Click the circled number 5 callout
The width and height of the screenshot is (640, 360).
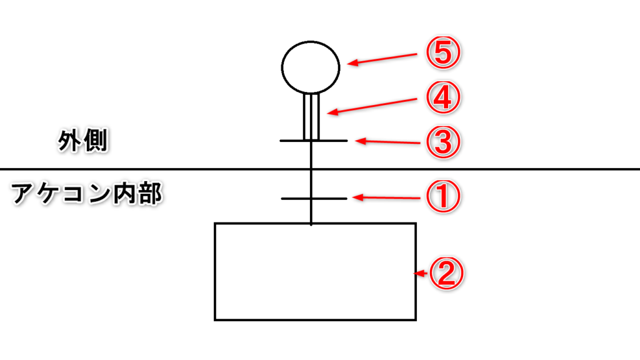443,53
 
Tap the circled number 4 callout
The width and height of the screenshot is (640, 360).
443,97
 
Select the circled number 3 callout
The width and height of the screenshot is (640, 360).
443,142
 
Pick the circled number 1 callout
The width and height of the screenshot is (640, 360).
443,197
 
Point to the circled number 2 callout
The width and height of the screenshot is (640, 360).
446,273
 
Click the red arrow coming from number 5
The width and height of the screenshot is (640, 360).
382,59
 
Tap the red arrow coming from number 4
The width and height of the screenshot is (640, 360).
372,106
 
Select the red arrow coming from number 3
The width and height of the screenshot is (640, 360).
387,142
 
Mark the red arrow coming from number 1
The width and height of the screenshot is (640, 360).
386,198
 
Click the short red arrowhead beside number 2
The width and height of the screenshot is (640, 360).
421,273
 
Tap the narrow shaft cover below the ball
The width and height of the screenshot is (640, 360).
311,117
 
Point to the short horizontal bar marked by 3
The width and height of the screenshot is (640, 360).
314,141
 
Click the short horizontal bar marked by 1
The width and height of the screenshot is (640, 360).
314,199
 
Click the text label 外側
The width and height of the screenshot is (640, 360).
83,141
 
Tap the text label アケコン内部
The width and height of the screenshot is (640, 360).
86,194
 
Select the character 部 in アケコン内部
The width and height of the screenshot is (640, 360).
150,194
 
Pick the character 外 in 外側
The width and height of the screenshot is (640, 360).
70,141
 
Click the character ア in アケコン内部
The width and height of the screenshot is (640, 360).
23,194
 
